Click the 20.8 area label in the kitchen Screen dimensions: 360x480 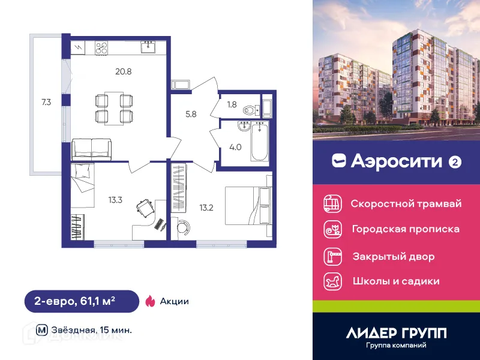coord(124,71)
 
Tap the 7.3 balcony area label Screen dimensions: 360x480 coord(46,102)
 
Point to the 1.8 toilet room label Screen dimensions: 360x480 coord(232,104)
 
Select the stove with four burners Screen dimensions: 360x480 coord(100,47)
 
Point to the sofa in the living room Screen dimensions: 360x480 coord(91,148)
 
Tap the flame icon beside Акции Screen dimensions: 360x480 coord(150,301)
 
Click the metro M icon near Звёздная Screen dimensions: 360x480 coord(41,329)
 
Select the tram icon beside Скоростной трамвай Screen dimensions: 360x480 coord(331,203)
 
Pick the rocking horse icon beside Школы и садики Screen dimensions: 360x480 coord(331,281)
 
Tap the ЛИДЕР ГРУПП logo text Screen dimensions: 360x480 coord(396,332)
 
